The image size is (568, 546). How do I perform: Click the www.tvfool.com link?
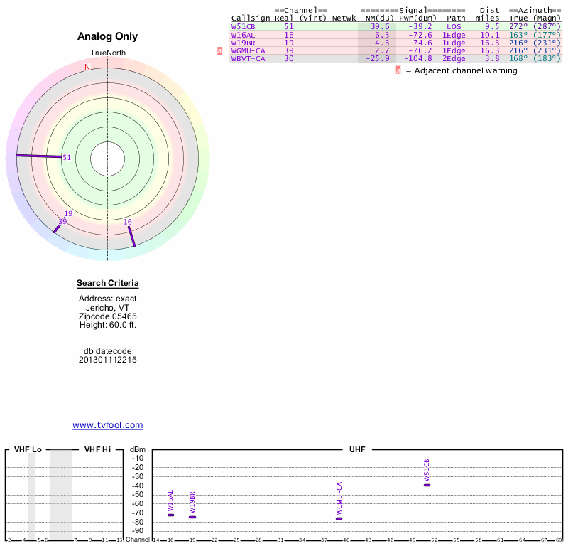tap(108, 425)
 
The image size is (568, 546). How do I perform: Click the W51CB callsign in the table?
tap(243, 26)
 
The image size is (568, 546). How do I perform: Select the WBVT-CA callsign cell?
tap(248, 59)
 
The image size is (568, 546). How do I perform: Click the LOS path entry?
tap(454, 26)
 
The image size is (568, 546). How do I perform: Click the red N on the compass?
tap(87, 67)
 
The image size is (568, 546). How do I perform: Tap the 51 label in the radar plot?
tap(67, 158)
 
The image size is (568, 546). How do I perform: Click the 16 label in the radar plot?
tap(128, 223)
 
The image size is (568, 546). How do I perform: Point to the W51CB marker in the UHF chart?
tap(427, 485)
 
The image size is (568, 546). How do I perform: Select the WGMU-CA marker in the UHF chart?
tap(339, 518)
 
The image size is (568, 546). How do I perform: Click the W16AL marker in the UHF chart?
tap(170, 515)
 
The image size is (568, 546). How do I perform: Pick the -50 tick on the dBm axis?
tap(138, 486)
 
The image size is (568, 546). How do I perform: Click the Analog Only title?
tap(108, 36)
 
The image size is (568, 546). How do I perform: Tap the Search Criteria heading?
tap(108, 284)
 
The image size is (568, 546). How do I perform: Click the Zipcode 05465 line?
tap(108, 316)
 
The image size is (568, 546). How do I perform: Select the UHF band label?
tap(356, 450)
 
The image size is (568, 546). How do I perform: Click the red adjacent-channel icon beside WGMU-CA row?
tap(219, 51)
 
